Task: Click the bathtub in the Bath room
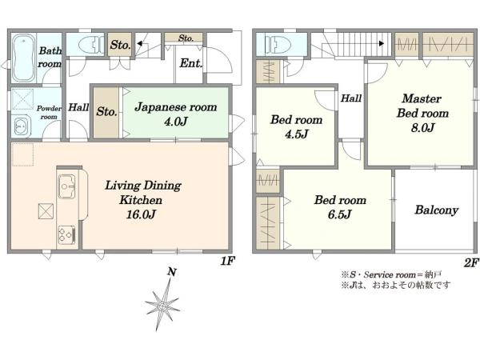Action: tap(24, 58)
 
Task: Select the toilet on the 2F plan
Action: tap(278, 45)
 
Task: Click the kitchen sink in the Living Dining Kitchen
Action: tap(66, 186)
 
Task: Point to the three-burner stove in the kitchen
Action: tap(66, 235)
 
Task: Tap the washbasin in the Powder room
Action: tap(21, 126)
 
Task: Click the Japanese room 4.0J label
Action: tap(176, 114)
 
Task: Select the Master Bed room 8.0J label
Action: tap(422, 113)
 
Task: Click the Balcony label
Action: tap(437, 210)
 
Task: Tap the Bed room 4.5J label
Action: tap(296, 126)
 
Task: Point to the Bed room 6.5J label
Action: tap(340, 207)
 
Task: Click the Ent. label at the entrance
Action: tap(191, 63)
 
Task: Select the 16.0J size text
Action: tap(141, 214)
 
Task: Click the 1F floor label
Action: tap(227, 261)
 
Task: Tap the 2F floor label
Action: tap(471, 263)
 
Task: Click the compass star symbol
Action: tap(162, 305)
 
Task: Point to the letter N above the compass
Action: tap(172, 272)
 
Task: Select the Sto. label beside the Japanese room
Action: tap(106, 111)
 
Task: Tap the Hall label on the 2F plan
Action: tap(351, 98)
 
